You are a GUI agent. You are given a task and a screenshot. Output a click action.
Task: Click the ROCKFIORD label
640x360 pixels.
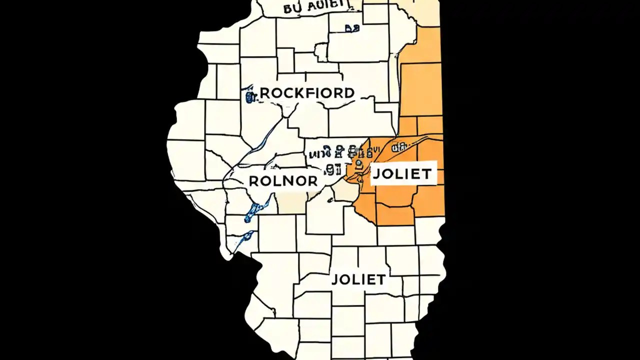[x=307, y=93]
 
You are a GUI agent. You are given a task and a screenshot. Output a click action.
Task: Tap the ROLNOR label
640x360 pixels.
[x=283, y=181]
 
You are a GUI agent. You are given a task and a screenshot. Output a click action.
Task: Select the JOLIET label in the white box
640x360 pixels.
[x=402, y=174]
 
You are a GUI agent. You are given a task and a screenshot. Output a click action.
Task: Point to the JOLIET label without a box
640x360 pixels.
[x=358, y=279]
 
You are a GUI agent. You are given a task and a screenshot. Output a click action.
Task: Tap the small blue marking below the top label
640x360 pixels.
[x=351, y=29]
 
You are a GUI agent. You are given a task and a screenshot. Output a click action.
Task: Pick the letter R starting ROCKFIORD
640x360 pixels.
[x=265, y=93]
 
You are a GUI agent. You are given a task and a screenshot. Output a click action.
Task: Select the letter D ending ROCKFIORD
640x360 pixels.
[x=349, y=93]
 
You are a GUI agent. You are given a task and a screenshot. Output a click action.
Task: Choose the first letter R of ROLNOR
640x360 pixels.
[x=253, y=181]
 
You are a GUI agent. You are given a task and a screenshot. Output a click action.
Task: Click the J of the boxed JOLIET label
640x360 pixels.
[x=376, y=174]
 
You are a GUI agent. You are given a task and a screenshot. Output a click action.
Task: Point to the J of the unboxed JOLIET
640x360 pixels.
[x=335, y=280]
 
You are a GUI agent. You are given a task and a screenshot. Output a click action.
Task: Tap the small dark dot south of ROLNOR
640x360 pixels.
[x=329, y=201]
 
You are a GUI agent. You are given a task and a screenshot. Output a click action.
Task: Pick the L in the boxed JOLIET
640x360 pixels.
[x=397, y=174]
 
